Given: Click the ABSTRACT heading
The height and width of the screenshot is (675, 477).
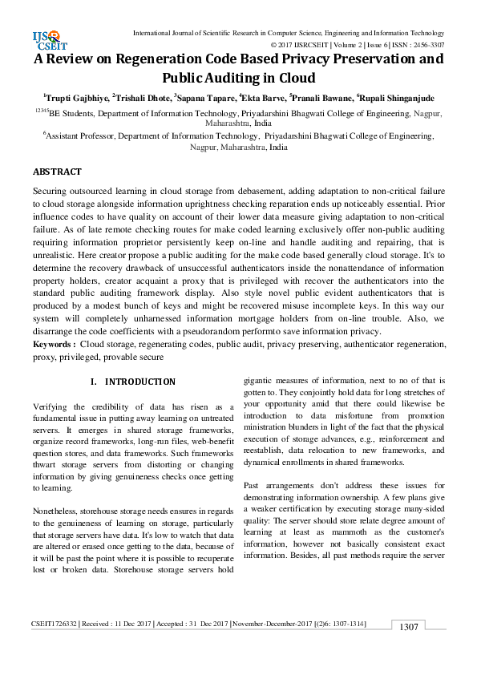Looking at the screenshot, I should [x=57, y=172].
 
